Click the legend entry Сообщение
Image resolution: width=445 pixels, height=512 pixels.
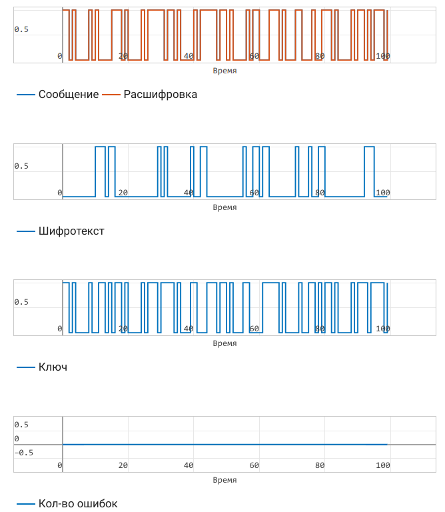pos(68,95)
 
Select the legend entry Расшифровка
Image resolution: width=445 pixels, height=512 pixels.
pos(160,95)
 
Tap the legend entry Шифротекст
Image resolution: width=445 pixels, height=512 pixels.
pos(71,231)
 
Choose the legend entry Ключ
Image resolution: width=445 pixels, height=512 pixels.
pos(53,367)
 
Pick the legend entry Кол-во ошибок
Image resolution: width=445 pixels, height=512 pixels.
pos(77,503)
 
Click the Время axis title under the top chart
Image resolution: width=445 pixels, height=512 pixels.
pos(224,71)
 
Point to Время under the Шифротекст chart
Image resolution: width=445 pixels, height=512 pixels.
pos(224,207)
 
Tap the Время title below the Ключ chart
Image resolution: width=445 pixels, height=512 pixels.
pos(224,343)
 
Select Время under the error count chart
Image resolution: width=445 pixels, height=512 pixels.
pos(224,480)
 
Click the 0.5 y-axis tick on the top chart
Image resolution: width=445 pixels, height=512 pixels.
pos(21,29)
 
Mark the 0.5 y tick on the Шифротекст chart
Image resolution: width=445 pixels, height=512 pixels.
pos(21,166)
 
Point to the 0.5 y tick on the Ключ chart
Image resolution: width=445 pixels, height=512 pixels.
pos(21,302)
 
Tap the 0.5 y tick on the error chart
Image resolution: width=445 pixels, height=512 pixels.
pos(21,425)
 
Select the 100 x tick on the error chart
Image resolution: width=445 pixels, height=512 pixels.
pos(382,465)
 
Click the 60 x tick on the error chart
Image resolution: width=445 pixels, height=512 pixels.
pos(254,465)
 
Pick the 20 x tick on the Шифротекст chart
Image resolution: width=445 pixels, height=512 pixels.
pos(123,193)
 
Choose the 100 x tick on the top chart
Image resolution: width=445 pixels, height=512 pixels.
pos(382,56)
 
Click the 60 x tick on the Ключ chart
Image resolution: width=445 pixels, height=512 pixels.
pos(254,329)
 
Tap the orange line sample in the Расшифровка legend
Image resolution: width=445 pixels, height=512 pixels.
pos(112,95)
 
